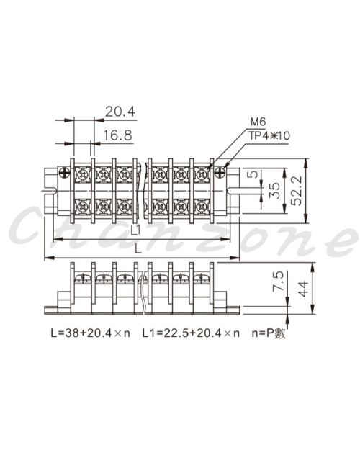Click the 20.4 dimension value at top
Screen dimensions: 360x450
[x=120, y=112]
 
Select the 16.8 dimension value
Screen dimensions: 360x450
[x=117, y=135]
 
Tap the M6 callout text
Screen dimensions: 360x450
[x=258, y=122]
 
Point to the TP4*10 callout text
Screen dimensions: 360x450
[x=269, y=135]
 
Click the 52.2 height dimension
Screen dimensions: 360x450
[x=297, y=191]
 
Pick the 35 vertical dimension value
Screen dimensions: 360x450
[x=275, y=191]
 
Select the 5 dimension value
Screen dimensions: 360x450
[x=254, y=174]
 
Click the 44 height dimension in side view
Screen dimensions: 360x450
[x=303, y=289]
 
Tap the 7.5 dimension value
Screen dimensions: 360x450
[x=278, y=281]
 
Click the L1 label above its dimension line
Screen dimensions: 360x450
[x=136, y=230]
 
